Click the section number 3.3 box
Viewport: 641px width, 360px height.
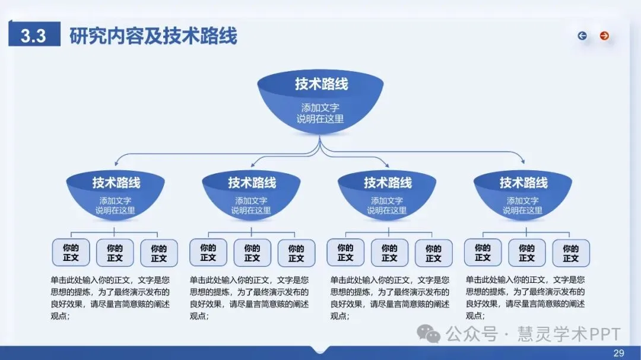pos(34,36)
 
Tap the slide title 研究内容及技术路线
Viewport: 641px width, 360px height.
pos(153,36)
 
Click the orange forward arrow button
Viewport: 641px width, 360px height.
pos(604,36)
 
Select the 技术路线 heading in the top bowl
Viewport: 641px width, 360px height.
pos(321,84)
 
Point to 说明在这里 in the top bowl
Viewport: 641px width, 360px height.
pos(320,119)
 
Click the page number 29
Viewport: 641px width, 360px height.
pos(618,353)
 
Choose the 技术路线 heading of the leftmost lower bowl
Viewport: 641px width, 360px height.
pos(116,183)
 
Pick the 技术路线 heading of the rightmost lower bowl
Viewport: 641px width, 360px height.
pos(523,183)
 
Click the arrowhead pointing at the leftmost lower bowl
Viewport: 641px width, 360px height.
pos(117,161)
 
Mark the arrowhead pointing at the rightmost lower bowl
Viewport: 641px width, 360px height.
pos(522,161)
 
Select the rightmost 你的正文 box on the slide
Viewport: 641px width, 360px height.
pos(571,253)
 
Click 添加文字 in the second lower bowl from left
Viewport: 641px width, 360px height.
pos(251,200)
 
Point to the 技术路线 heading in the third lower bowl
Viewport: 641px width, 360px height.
pos(388,183)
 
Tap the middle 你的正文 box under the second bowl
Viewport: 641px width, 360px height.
pos(252,253)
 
